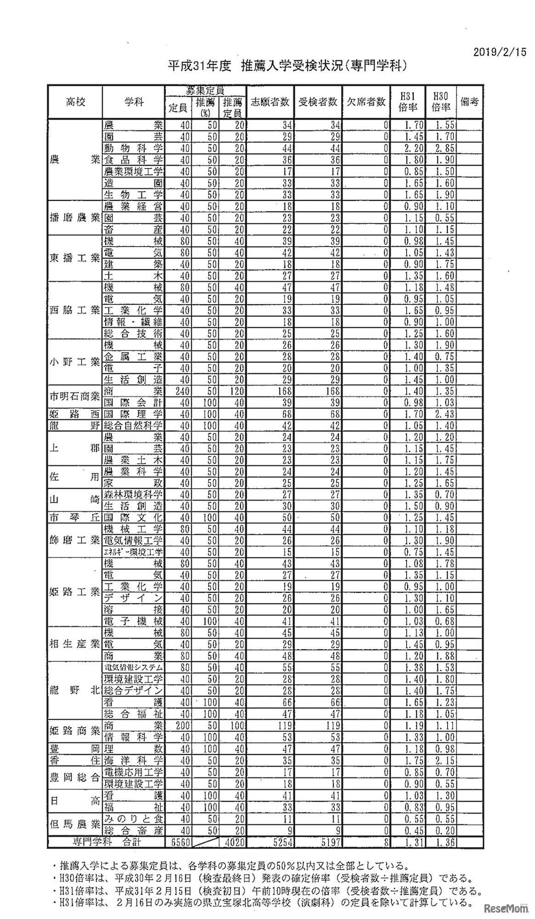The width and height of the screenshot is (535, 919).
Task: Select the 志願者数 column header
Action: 270,102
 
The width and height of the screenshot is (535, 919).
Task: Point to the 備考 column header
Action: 470,102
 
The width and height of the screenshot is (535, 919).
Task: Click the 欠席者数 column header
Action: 366,102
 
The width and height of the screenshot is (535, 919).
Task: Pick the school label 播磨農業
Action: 75,217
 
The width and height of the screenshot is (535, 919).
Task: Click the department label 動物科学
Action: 134,148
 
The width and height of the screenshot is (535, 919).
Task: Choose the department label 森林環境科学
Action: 134,495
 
